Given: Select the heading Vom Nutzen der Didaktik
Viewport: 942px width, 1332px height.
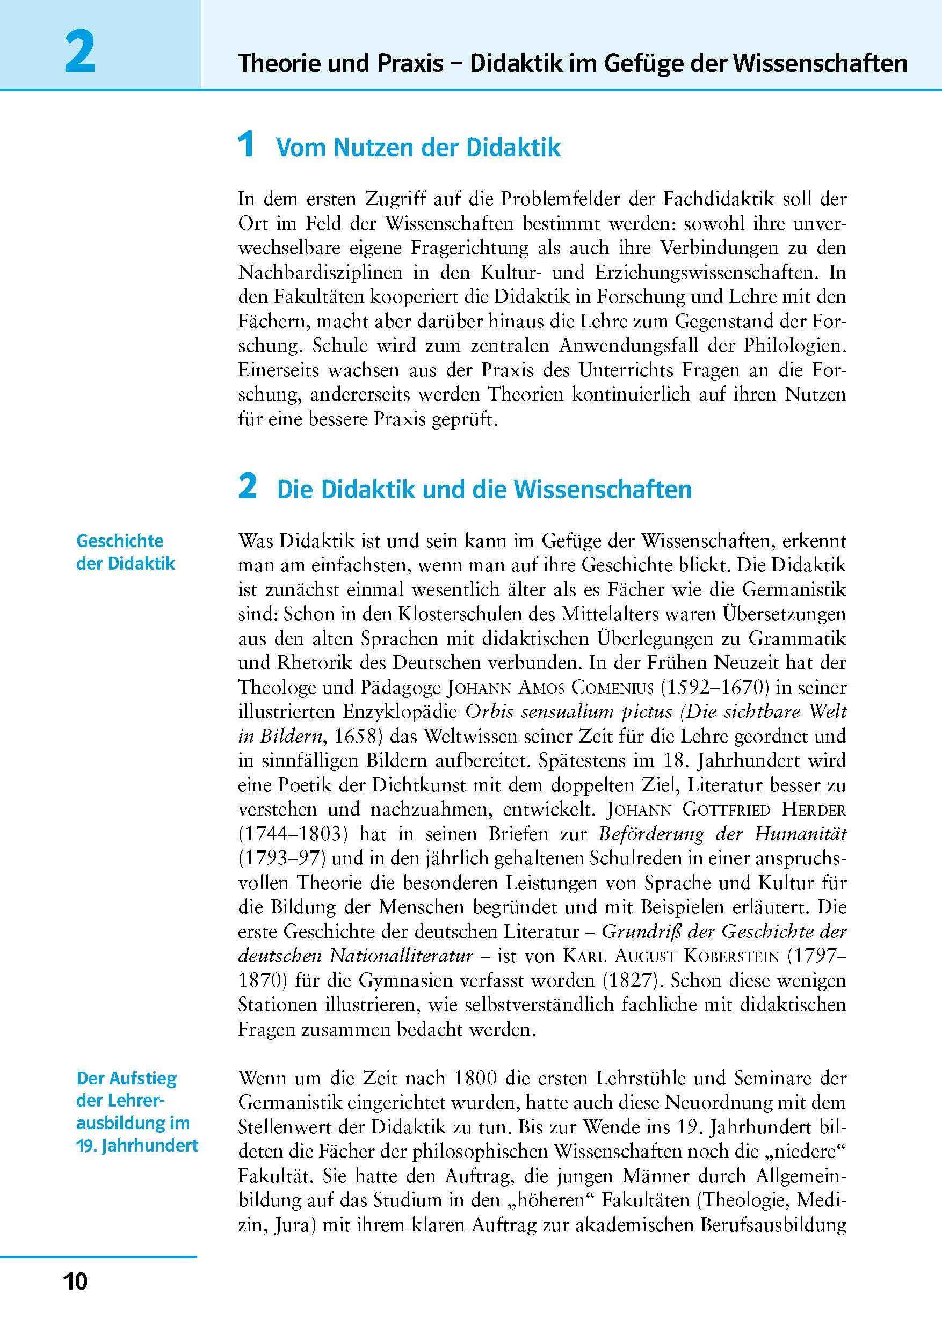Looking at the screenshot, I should pos(418,148).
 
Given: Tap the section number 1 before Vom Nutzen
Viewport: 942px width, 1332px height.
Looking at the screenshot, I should pos(247,145).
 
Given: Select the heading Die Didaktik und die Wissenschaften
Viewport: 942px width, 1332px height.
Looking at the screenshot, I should pos(484,489).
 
